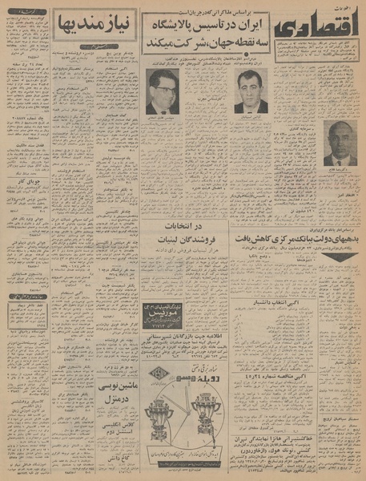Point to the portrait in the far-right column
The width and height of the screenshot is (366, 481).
(340, 142)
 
